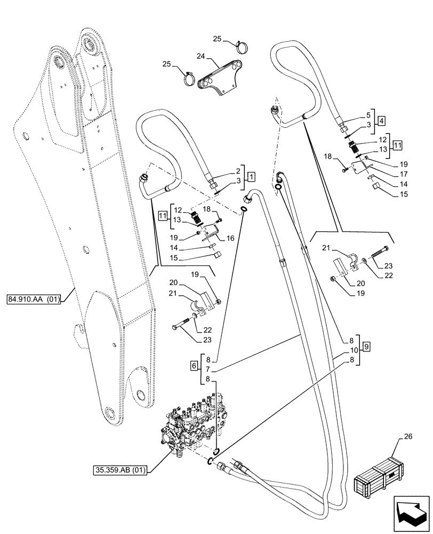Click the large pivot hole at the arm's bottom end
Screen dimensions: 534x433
click(110, 414)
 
